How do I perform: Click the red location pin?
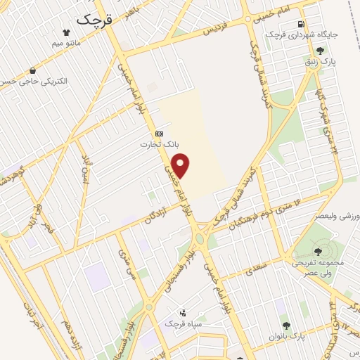181,166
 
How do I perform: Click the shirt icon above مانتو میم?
66,32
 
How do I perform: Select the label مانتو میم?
66,44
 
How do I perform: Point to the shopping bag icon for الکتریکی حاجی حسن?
32,70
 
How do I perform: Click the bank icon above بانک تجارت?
159,134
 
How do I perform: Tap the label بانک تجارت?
159,145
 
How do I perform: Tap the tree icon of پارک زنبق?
321,50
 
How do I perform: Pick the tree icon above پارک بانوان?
286,325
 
